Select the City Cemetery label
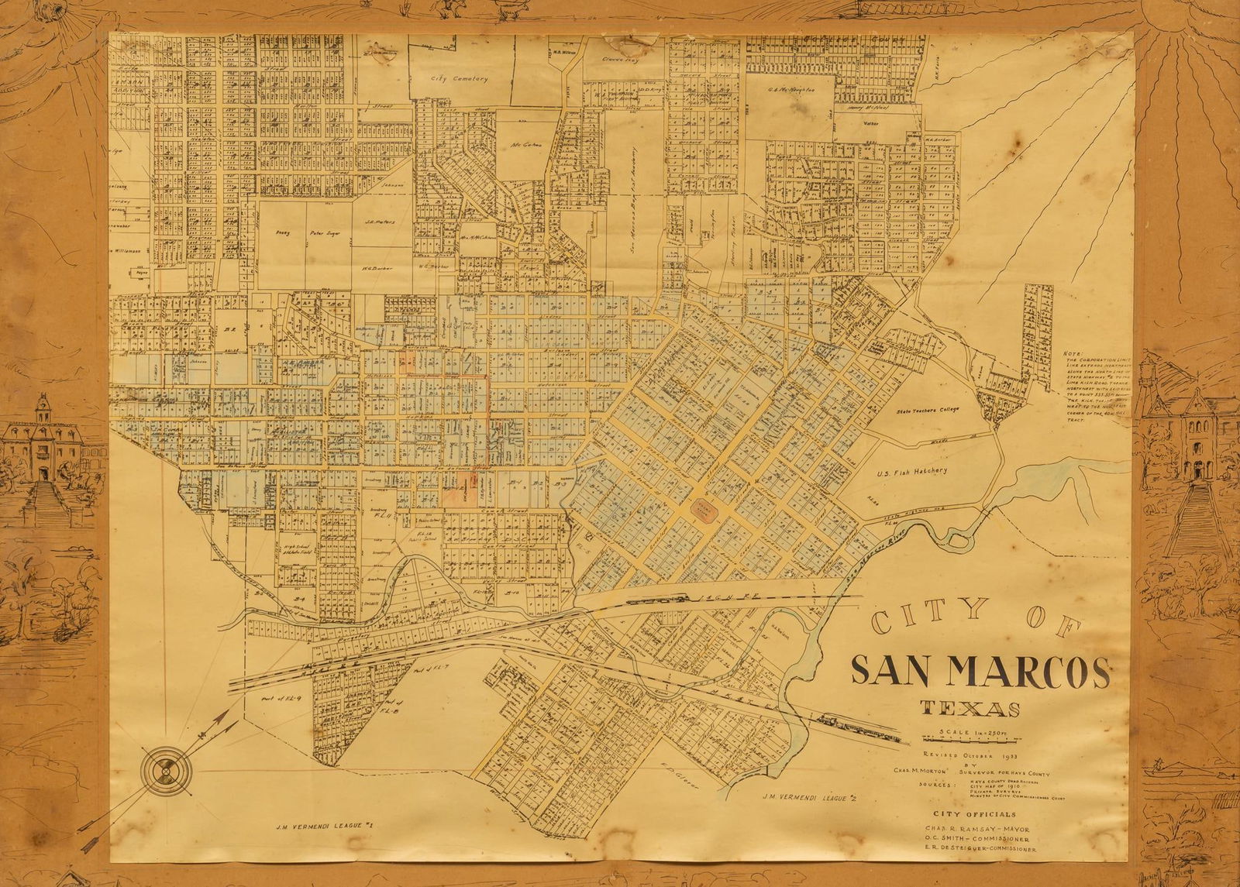point(460,78)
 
